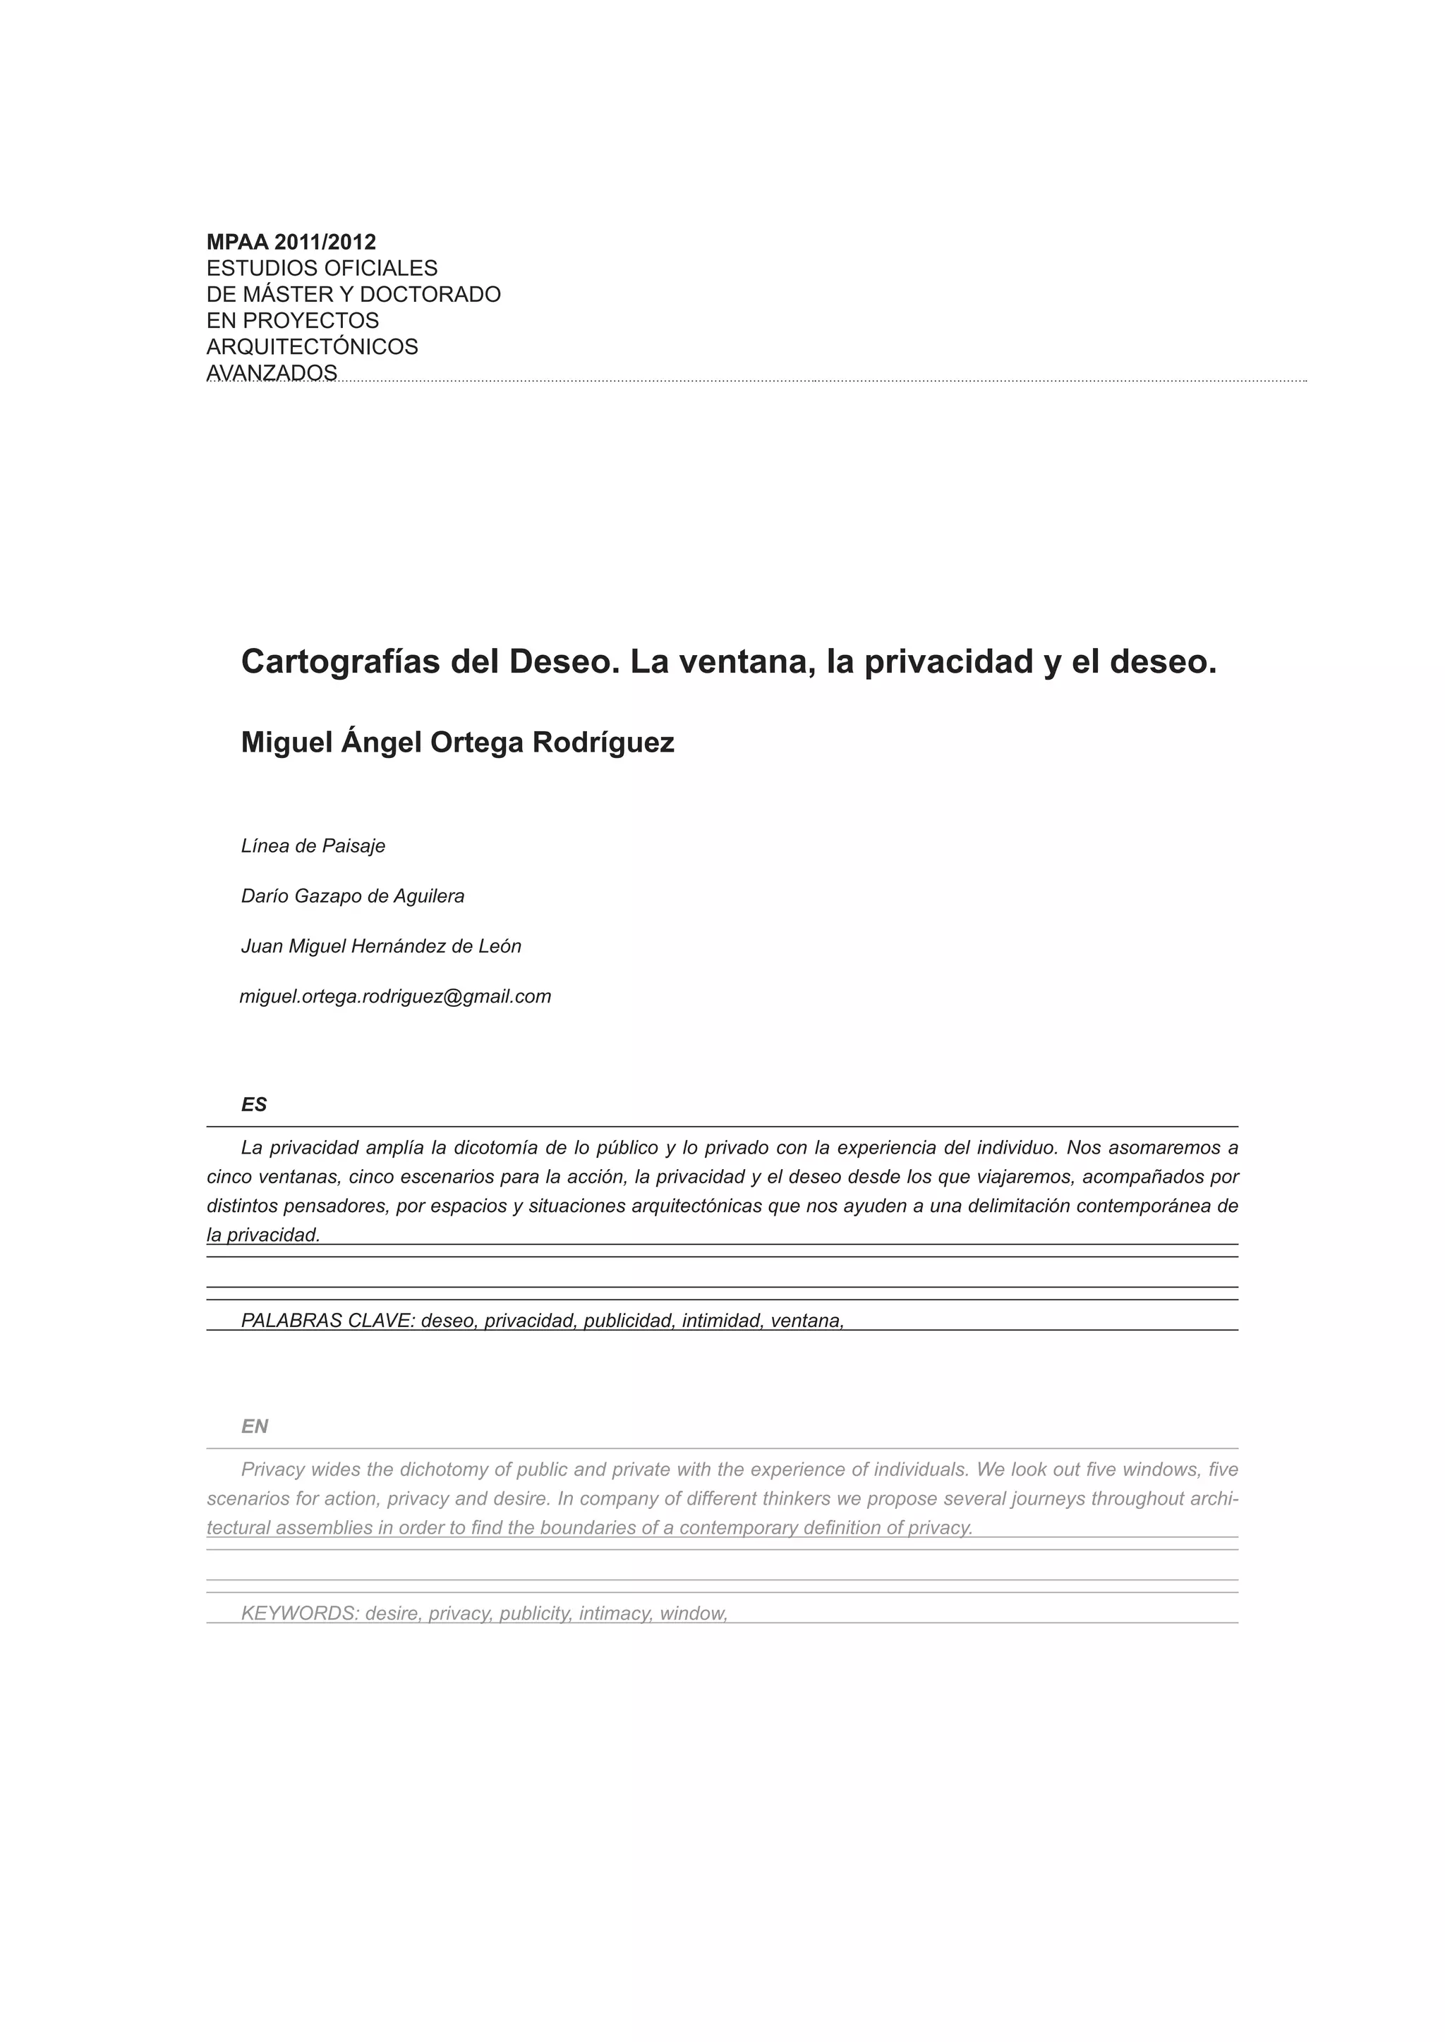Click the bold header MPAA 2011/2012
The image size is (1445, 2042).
point(291,242)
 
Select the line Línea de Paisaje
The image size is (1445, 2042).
point(313,846)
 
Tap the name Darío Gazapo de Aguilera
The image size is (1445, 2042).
point(352,895)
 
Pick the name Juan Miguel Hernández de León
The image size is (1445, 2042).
point(381,946)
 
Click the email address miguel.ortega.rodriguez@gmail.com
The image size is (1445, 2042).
point(395,996)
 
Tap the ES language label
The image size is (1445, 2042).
point(253,1105)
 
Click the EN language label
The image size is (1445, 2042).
point(255,1426)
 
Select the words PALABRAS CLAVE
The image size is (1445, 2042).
point(327,1321)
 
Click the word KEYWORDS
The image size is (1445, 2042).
point(299,1613)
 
